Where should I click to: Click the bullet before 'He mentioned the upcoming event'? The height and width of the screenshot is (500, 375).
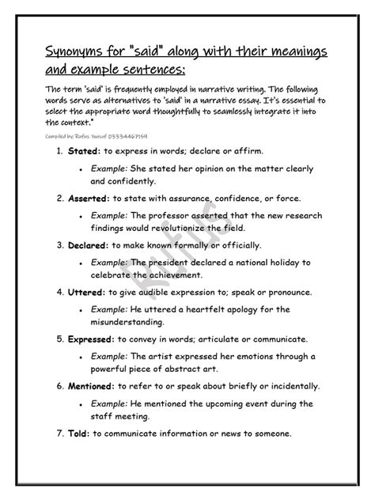click(81, 405)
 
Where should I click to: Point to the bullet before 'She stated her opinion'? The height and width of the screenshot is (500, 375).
click(81, 169)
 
